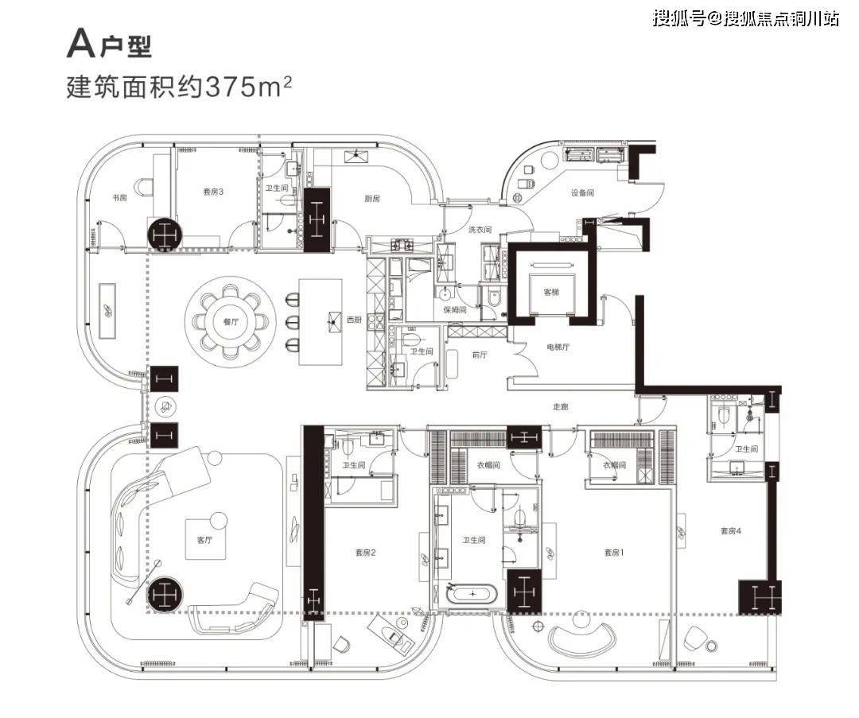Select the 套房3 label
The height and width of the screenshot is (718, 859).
(x=212, y=191)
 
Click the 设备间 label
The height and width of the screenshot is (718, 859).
(x=582, y=192)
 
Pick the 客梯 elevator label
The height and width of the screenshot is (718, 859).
(x=551, y=293)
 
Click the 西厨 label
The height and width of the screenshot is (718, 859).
(x=354, y=320)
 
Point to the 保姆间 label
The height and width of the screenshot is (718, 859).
(x=453, y=310)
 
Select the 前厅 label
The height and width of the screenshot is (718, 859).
(x=479, y=355)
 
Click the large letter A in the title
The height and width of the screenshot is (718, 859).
(x=80, y=45)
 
